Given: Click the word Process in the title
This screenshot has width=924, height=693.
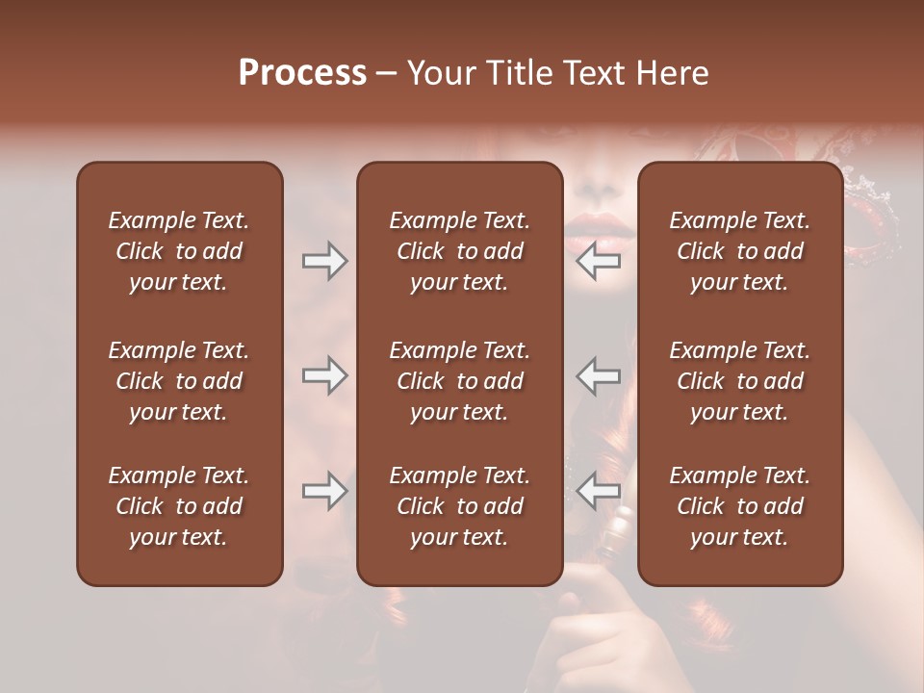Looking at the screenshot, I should click(x=302, y=73).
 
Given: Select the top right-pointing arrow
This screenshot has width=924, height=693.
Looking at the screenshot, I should click(x=324, y=260).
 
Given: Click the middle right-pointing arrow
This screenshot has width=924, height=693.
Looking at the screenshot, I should click(x=324, y=375).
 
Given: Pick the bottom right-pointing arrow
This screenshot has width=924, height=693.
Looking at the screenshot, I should click(x=324, y=491).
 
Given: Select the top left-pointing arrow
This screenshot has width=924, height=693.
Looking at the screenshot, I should click(x=598, y=260).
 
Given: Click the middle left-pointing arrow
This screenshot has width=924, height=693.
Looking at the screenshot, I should click(x=598, y=375).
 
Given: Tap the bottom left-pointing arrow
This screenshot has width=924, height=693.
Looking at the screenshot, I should click(x=598, y=491).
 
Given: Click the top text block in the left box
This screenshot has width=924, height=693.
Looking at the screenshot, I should click(x=179, y=251).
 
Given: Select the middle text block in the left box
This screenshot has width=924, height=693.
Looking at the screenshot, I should click(x=179, y=381).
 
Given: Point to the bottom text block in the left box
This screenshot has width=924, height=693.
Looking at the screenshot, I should click(x=179, y=506).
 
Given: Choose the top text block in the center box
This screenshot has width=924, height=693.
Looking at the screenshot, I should click(x=459, y=251).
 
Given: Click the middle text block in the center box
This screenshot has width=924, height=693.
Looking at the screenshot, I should click(x=459, y=381).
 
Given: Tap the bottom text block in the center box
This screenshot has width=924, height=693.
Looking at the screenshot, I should click(x=459, y=506).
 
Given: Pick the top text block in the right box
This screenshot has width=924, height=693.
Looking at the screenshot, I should click(x=739, y=251).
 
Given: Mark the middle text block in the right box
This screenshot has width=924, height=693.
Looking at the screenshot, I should click(x=739, y=381).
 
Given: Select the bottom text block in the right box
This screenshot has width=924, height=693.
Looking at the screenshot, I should click(x=739, y=506).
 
